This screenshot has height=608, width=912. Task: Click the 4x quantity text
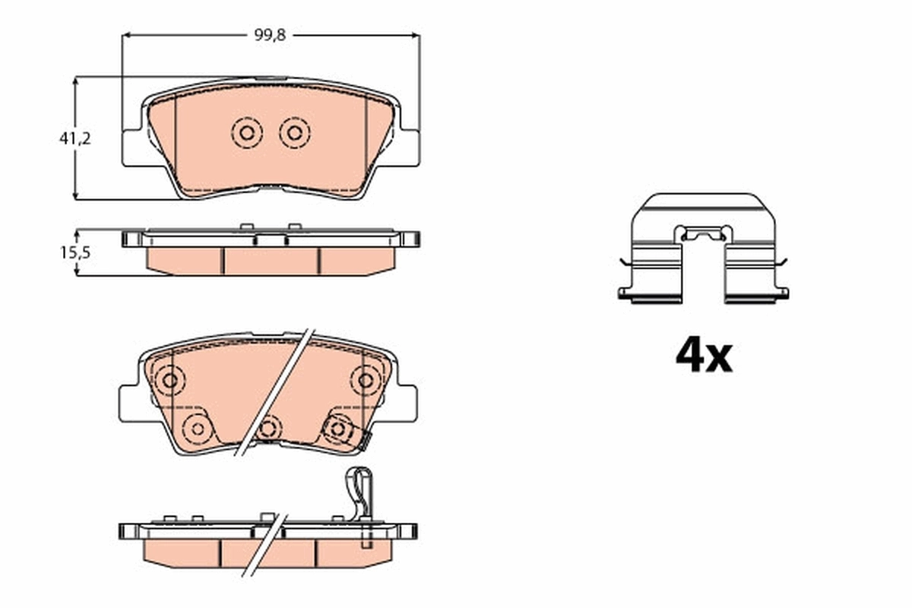(x=704, y=356)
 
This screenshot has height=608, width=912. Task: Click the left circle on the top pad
(x=246, y=134)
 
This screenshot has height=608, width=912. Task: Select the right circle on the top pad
(x=294, y=134)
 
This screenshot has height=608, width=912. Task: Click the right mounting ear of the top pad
(x=407, y=147)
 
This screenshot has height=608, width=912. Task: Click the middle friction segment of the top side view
(x=271, y=260)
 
